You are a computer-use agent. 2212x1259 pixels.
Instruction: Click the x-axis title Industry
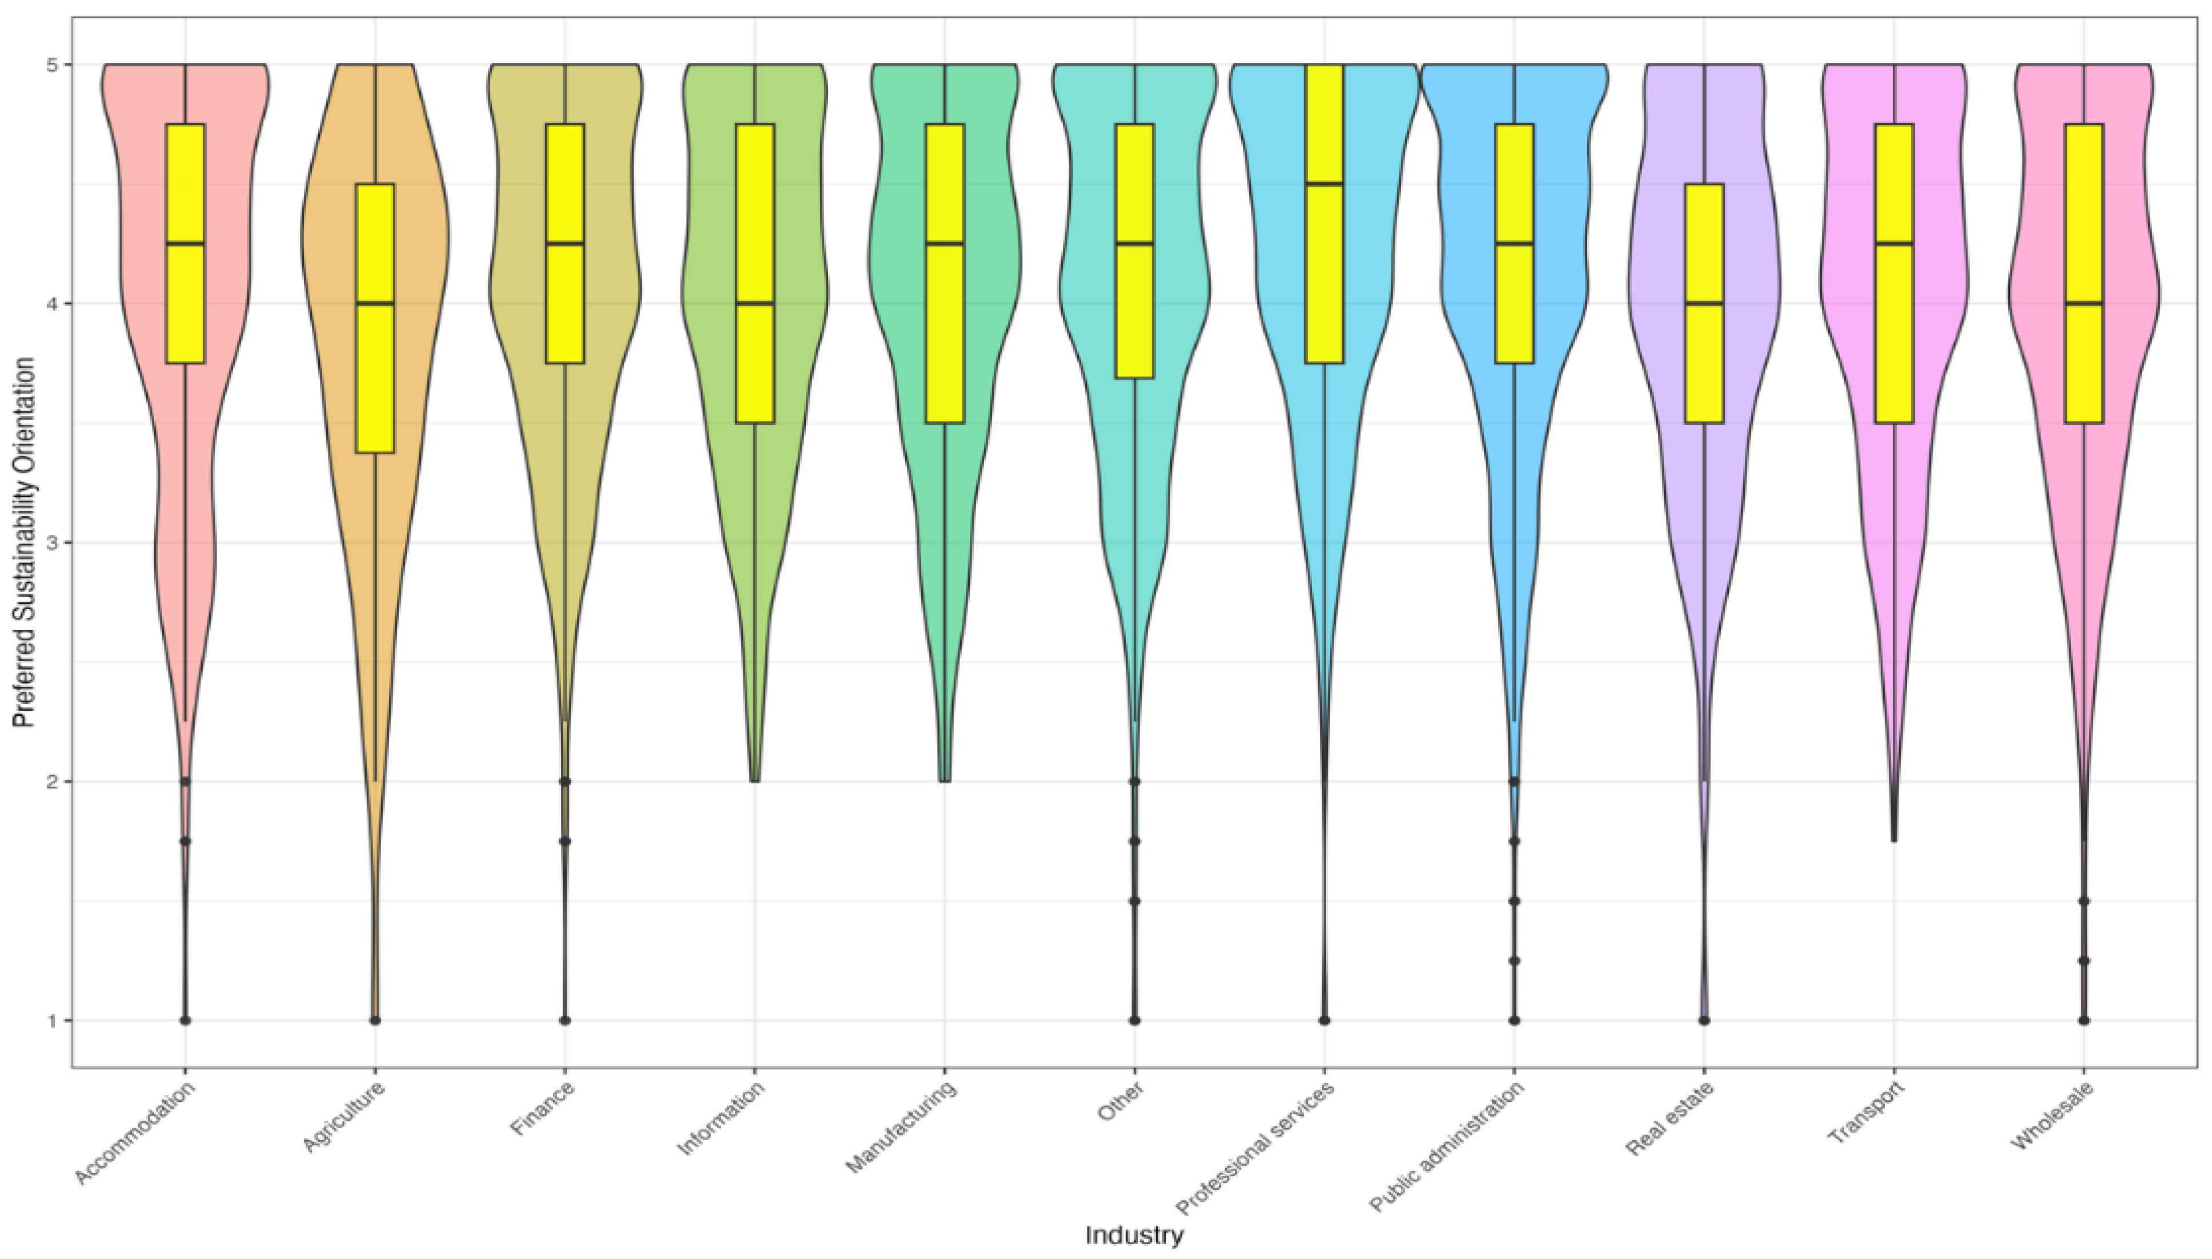point(1134,1235)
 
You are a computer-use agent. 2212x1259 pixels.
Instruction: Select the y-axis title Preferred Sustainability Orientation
point(25,543)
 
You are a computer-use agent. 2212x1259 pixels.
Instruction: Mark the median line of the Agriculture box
point(375,304)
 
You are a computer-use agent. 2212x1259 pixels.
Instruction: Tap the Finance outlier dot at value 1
point(565,1020)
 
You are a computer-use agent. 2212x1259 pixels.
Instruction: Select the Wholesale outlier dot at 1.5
point(2084,901)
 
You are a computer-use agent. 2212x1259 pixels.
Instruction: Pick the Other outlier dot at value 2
point(1134,782)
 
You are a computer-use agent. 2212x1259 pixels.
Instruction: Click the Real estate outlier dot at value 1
point(1704,1020)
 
